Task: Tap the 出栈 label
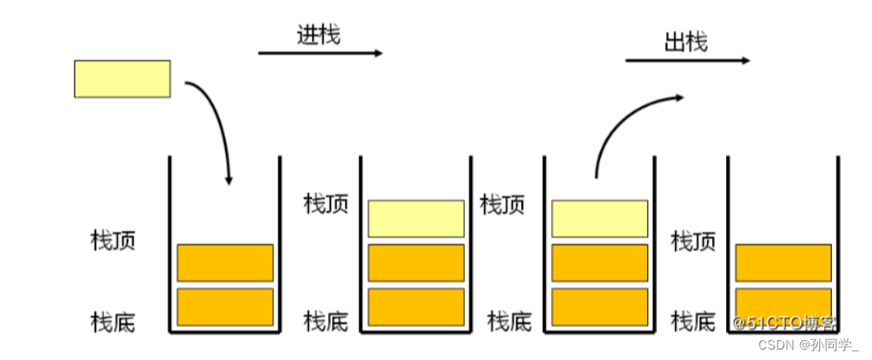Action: click(x=686, y=41)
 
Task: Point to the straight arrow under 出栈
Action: click(x=687, y=61)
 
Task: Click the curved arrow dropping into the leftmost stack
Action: click(x=215, y=121)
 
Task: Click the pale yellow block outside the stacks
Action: click(x=121, y=78)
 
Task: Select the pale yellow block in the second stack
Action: click(x=416, y=219)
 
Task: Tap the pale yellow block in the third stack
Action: click(x=600, y=219)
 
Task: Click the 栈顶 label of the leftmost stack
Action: click(x=113, y=240)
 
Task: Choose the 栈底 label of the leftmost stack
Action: click(x=113, y=322)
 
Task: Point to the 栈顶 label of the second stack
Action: click(x=326, y=205)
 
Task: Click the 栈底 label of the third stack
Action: click(x=509, y=322)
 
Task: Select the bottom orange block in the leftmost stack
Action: click(x=225, y=306)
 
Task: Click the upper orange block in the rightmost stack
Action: click(x=783, y=263)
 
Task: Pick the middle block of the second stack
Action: click(x=416, y=263)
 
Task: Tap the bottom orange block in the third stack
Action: click(x=600, y=306)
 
